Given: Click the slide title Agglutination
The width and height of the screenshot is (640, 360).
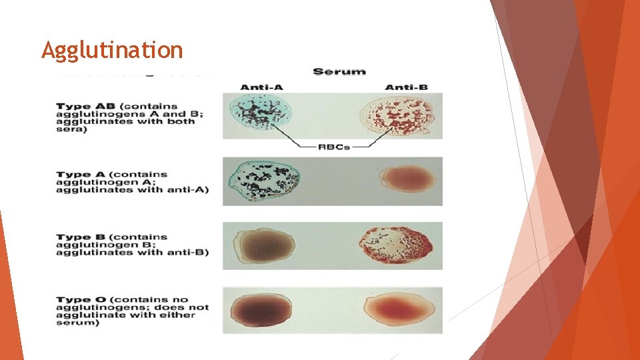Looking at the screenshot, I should pos(111,50).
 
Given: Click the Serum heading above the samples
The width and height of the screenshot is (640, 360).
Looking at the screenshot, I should pos(339,71).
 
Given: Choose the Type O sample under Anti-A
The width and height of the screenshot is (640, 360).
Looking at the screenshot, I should pos(261,310).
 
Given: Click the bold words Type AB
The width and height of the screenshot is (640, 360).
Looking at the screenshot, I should pos(82,106).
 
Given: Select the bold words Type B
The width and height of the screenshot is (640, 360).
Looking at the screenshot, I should pos(79,237).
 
